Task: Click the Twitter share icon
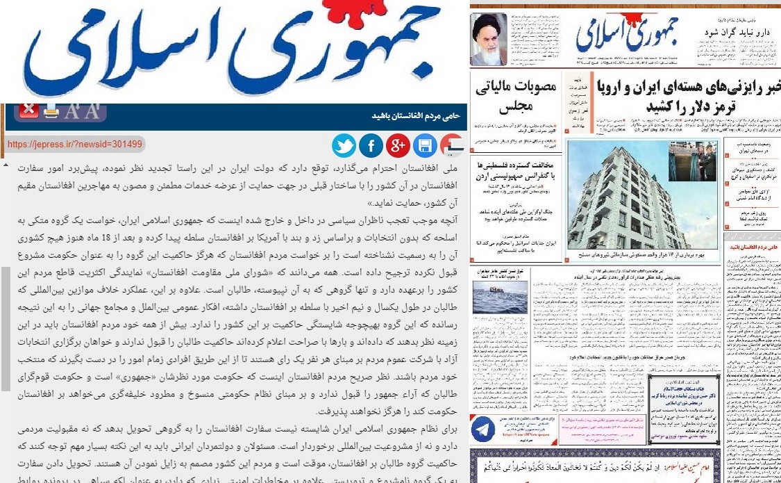pyautogui.click(x=344, y=146)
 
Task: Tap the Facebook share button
pyautogui.click(x=371, y=146)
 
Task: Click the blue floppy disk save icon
pyautogui.click(x=425, y=146)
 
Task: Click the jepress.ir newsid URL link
pyautogui.click(x=75, y=145)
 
